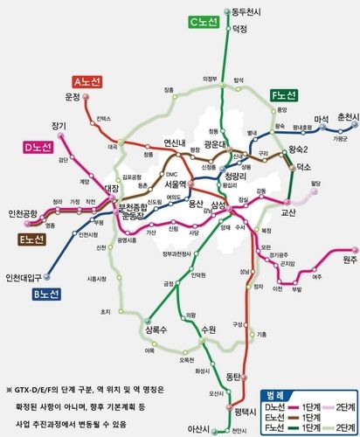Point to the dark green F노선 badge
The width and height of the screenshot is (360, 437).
tap(285, 94)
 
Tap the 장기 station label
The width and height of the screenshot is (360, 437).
tap(59, 125)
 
